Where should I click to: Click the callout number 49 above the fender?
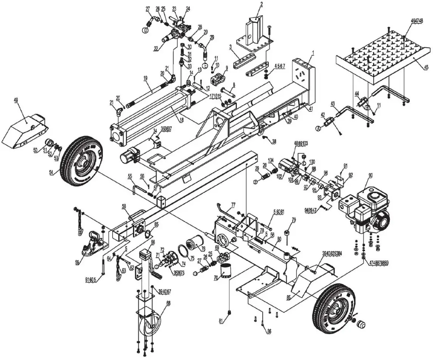tap(16, 100)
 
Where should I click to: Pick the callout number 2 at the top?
tap(261, 4)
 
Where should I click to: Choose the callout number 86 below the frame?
tap(269, 331)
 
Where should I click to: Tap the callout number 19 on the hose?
tap(145, 78)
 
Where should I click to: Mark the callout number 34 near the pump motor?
tap(155, 131)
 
